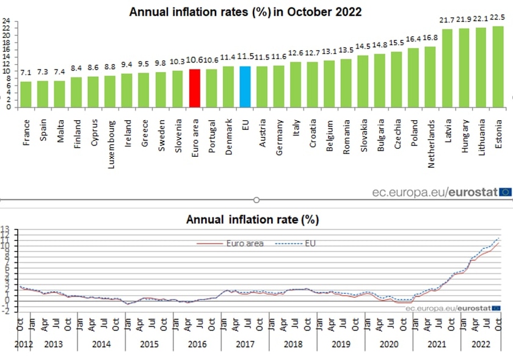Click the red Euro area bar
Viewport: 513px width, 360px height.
[x=195, y=88]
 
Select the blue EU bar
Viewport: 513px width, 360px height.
[x=245, y=87]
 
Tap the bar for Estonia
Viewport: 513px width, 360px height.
[x=498, y=67]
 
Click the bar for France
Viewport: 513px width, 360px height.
[x=26, y=94]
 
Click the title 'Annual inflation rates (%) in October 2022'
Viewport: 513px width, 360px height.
[x=245, y=12]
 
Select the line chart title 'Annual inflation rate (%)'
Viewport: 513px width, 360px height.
[x=252, y=219]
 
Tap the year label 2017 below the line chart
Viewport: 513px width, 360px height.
[x=245, y=344]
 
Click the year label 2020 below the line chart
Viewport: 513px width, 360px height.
[x=388, y=344]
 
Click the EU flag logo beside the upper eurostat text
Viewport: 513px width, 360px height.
[x=505, y=192]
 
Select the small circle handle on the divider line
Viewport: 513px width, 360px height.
[x=256, y=200]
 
